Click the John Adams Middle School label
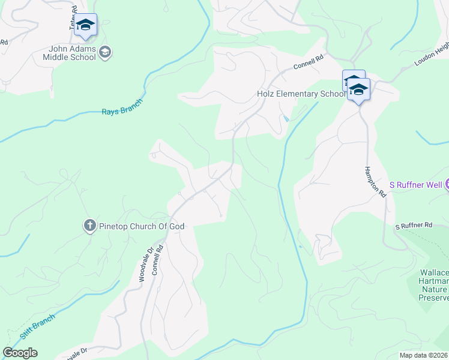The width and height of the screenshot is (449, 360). pos(69,53)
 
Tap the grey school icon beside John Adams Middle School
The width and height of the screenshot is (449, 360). pos(106,52)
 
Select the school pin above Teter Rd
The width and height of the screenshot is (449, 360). pos(86,25)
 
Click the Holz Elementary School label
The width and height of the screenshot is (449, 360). pos(298,94)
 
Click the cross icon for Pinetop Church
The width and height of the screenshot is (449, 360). pos(89,226)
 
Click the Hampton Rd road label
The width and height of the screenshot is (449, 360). pos(374,182)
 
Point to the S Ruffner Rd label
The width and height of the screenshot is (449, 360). pos(414,226)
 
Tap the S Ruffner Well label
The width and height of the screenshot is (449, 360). pos(416,184)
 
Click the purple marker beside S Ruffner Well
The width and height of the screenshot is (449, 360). pos(447,184)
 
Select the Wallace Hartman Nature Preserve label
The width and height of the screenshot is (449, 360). pos(434,285)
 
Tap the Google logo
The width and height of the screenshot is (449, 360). pos(20,353)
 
